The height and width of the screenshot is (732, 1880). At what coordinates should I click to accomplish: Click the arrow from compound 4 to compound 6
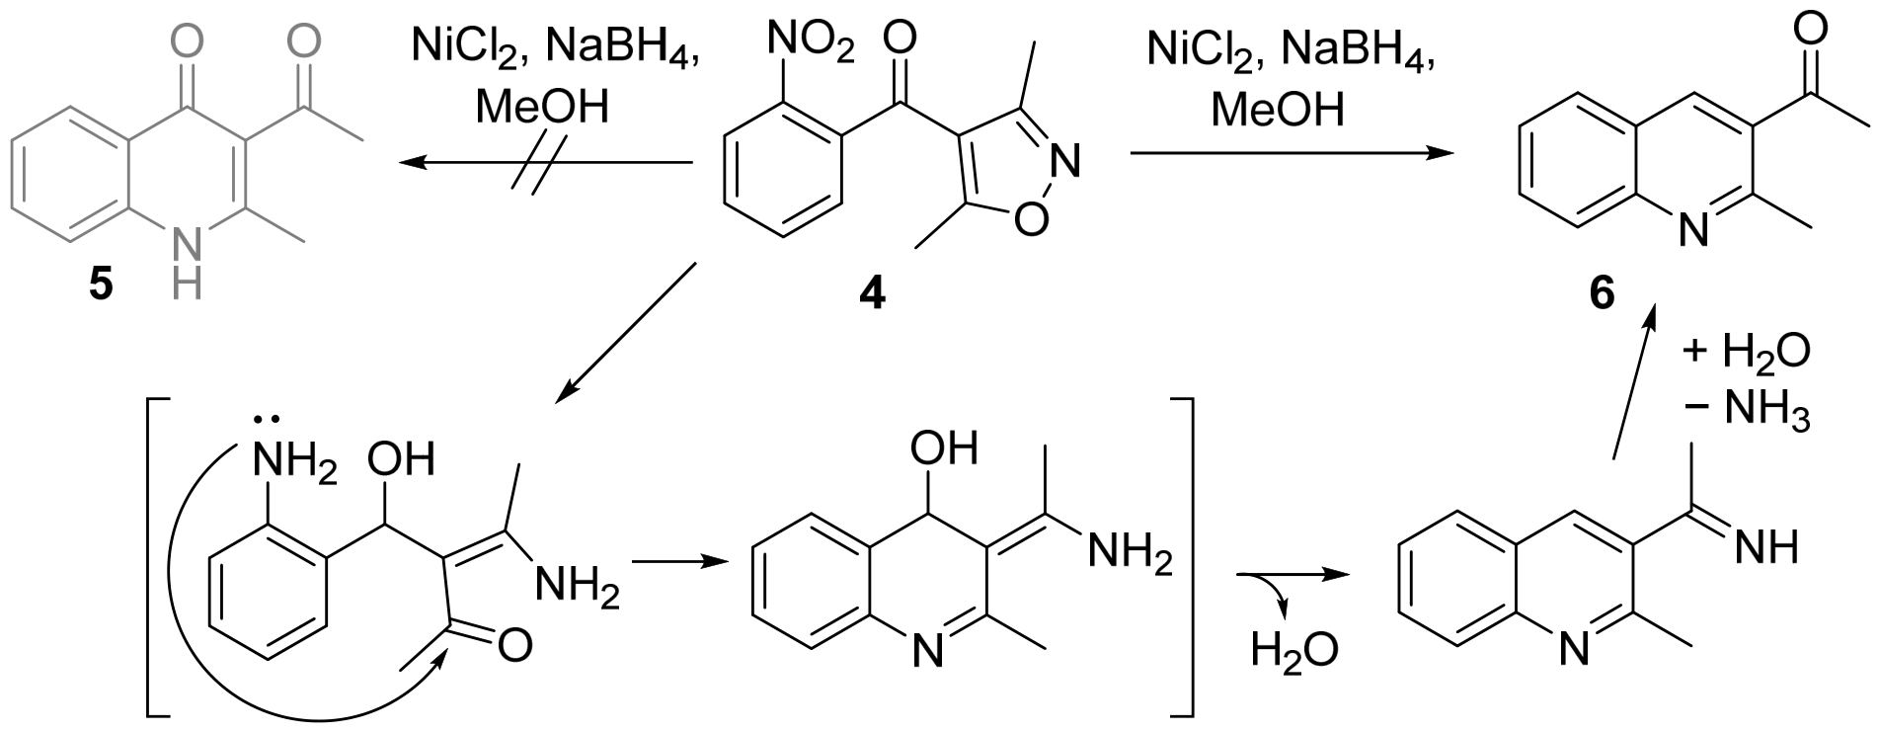pyautogui.click(x=1292, y=153)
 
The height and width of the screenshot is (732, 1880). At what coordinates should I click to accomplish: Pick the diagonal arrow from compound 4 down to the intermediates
pyautogui.click(x=627, y=333)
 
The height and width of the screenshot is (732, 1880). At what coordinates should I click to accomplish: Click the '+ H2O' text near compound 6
pyautogui.click(x=1747, y=353)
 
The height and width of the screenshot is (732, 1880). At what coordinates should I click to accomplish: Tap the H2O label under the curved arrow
pyautogui.click(x=1294, y=650)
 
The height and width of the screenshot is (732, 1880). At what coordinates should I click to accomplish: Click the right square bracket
pyautogui.click(x=1182, y=553)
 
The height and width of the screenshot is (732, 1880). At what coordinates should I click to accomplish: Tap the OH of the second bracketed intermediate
pyautogui.click(x=944, y=447)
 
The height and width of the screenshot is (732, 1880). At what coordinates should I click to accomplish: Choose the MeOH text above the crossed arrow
pyautogui.click(x=542, y=107)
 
